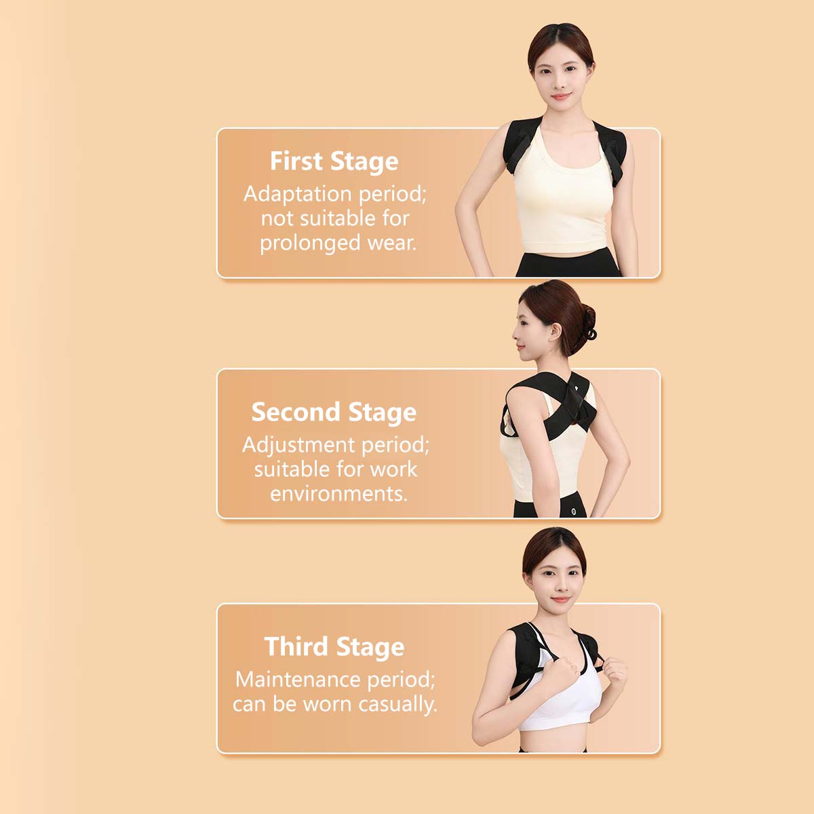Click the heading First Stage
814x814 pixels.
coord(334,161)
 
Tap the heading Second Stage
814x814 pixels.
coord(334,412)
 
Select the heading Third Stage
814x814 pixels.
coord(334,646)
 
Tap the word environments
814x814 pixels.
coord(338,494)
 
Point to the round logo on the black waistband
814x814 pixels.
coord(573,511)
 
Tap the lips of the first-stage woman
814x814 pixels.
coord(560,98)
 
